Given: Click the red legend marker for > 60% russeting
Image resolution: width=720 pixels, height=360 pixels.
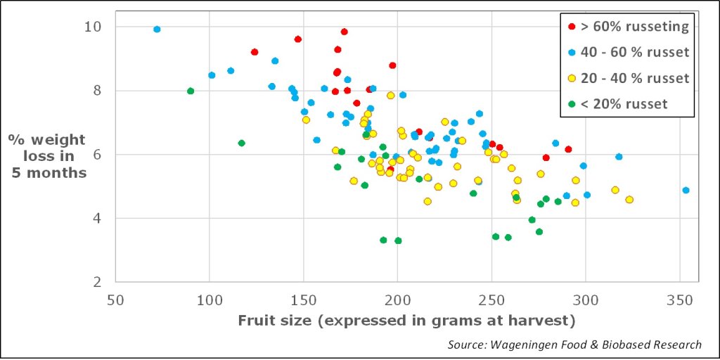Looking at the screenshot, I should pyautogui.click(x=570, y=27).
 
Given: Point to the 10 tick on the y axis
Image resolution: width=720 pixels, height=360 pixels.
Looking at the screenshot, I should pyautogui.click(x=92, y=27).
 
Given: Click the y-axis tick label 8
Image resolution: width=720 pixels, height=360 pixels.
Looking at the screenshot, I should pyautogui.click(x=97, y=91).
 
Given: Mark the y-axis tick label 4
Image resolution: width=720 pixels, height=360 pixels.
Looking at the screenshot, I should pyautogui.click(x=97, y=219).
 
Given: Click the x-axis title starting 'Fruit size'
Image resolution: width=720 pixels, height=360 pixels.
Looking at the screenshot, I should pyautogui.click(x=406, y=321).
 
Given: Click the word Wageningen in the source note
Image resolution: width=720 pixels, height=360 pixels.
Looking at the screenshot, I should pyautogui.click(x=525, y=345).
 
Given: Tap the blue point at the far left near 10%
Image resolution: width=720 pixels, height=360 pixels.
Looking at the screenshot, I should pyautogui.click(x=157, y=30).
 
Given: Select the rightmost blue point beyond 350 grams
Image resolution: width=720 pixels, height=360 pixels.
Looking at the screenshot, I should pyautogui.click(x=686, y=191).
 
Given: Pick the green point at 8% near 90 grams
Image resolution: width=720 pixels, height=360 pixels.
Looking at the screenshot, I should pyautogui.click(x=191, y=91).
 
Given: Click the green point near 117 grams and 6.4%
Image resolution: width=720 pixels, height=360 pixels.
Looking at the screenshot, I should pyautogui.click(x=241, y=143).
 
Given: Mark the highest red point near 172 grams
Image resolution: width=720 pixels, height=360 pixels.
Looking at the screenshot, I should pyautogui.click(x=344, y=32).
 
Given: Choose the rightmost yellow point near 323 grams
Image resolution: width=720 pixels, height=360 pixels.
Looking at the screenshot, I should pyautogui.click(x=629, y=200).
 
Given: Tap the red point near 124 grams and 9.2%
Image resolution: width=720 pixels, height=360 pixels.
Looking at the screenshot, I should pyautogui.click(x=255, y=52).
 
